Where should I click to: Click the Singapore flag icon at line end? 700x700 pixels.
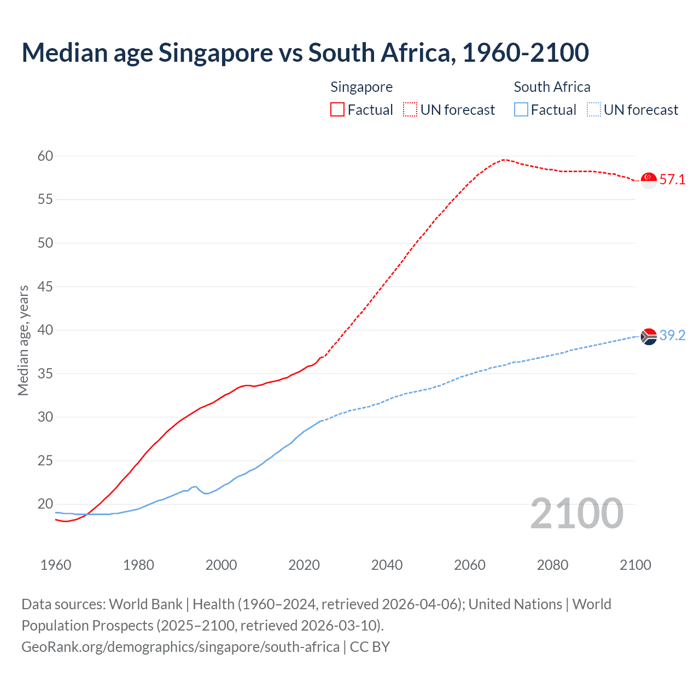tap(649, 180)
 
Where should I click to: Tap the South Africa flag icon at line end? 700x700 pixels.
tap(649, 336)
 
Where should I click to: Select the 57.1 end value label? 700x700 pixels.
tap(672, 180)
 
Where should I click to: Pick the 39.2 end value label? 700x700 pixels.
tap(672, 335)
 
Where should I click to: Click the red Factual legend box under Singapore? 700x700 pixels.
tap(337, 109)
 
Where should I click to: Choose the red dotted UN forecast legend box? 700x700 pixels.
tap(410, 109)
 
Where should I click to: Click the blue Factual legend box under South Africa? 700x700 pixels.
tap(521, 109)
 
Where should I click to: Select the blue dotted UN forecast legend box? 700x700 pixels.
tap(593, 109)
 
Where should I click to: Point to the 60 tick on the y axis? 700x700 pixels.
tap(45, 156)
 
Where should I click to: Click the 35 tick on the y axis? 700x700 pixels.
tap(45, 374)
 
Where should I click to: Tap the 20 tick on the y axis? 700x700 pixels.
tap(45, 504)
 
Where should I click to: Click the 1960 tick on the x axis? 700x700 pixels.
tap(56, 565)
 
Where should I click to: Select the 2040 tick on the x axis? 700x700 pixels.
tap(387, 565)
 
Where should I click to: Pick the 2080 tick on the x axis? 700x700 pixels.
tap(552, 565)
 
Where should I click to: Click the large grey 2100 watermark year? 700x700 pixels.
tap(576, 513)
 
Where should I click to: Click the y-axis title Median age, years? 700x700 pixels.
tap(23, 340)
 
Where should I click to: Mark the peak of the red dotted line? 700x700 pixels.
tap(504, 159)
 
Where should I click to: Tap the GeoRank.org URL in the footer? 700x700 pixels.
tap(180, 646)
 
